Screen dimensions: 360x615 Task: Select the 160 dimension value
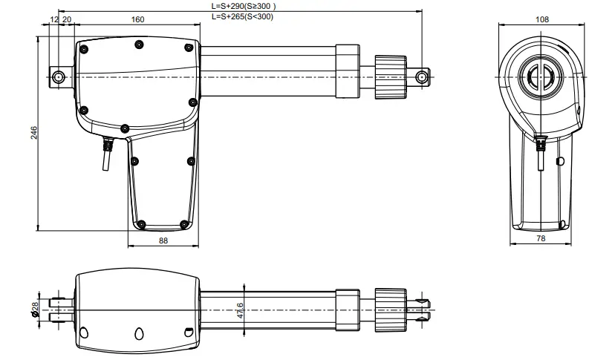pyautogui.click(x=137, y=20)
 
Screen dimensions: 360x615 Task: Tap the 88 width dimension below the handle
pyautogui.click(x=163, y=240)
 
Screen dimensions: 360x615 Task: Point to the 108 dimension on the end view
pyautogui.click(x=541, y=20)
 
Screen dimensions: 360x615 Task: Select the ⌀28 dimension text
pyautogui.click(x=35, y=307)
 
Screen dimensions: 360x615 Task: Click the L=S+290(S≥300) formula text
pyautogui.click(x=244, y=6)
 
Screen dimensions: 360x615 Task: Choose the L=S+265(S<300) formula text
pyautogui.click(x=243, y=15)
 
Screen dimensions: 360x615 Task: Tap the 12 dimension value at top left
pyautogui.click(x=54, y=20)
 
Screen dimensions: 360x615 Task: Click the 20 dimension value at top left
pyautogui.click(x=67, y=20)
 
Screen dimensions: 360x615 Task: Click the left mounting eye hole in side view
pyautogui.click(x=58, y=76)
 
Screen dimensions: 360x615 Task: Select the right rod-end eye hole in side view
pyautogui.click(x=421, y=76)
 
